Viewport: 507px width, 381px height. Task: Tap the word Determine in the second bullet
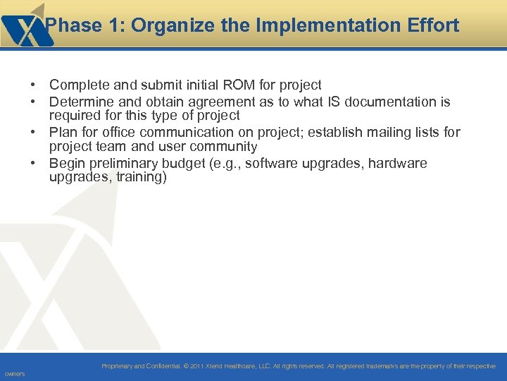[81, 102]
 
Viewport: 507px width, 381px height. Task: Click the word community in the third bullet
[224, 147]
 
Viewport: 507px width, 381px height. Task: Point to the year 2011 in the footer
[198, 366]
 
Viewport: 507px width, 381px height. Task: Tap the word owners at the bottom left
[14, 374]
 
